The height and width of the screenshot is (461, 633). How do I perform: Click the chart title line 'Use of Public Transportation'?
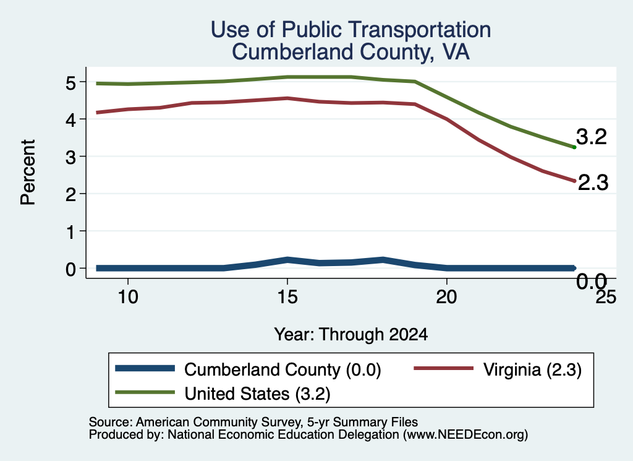tap(351, 30)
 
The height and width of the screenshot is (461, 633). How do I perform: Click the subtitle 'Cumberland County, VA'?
tap(351, 52)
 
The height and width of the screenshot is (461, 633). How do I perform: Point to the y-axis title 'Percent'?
tap(28, 173)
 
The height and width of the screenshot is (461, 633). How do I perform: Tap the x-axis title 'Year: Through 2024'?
tap(351, 335)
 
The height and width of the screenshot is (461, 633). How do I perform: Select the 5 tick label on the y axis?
tap(71, 83)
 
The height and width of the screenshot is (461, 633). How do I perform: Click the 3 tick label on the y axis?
tap(71, 157)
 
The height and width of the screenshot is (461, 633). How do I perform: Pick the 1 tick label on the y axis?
tap(71, 232)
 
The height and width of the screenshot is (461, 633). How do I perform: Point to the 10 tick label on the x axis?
tap(128, 297)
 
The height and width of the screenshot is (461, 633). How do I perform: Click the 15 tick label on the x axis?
tap(287, 297)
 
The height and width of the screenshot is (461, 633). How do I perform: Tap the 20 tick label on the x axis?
tap(446, 297)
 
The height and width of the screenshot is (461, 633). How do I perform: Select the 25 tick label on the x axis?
tap(606, 297)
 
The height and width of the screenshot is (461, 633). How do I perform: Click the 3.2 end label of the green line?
tap(592, 137)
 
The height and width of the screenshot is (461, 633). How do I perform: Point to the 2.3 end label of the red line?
tap(593, 183)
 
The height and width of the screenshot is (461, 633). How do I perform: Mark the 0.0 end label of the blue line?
tap(592, 281)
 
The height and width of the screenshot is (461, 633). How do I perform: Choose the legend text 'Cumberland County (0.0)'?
tap(283, 369)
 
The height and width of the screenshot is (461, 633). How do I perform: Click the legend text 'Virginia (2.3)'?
tap(532, 369)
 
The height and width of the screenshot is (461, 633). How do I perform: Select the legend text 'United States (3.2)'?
tap(258, 394)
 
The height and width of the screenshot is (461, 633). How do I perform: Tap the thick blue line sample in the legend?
tap(145, 368)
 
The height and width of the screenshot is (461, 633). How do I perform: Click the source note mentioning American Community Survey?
tap(253, 422)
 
